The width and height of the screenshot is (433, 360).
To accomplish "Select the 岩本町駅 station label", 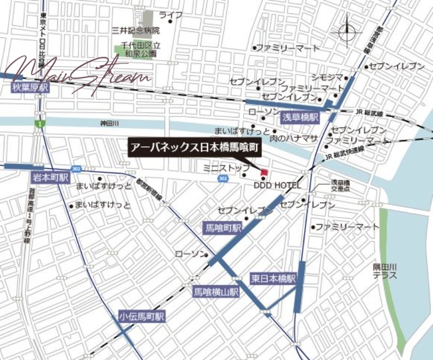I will (x=50, y=177).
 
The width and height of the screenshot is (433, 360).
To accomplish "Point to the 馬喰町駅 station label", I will (x=221, y=228).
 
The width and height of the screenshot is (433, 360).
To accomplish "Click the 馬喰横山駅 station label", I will (x=216, y=292).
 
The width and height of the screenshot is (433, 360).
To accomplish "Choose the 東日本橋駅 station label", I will (x=274, y=279).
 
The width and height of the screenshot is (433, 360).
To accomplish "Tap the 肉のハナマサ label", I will (x=293, y=139).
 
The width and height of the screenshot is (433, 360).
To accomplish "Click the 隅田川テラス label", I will (x=385, y=271).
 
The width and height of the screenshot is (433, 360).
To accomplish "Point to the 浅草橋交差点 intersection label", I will (x=342, y=187).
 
